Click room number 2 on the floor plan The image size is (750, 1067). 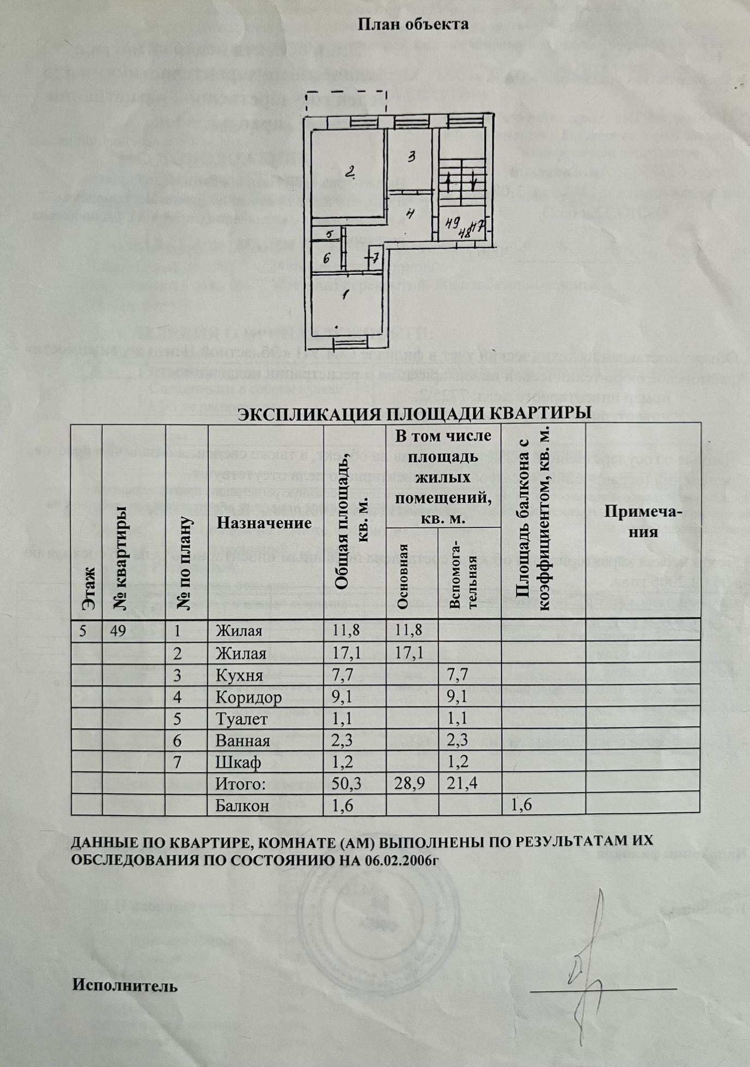350,173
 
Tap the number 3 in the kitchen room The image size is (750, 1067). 412,157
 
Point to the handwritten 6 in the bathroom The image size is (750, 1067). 326,259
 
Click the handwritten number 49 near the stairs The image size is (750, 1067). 450,222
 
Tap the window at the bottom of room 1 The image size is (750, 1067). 350,342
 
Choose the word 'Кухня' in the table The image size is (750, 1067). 239,676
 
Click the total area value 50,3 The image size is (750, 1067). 346,783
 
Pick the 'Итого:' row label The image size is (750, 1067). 240,784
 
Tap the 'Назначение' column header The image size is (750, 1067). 264,523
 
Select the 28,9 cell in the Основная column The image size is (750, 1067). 410,783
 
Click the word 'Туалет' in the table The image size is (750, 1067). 241,719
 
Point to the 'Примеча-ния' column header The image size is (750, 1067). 643,522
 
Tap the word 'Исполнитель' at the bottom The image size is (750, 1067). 125,986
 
